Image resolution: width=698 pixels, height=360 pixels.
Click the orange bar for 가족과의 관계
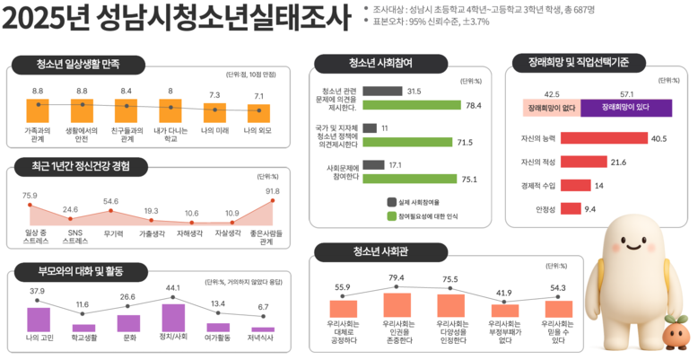pos(38,110)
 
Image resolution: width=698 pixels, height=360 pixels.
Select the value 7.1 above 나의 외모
pos(258,96)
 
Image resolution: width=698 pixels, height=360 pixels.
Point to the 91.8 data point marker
pos(273,201)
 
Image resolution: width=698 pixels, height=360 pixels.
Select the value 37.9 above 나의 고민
pos(37,291)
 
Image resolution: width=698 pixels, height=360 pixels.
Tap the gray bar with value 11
pos(370,128)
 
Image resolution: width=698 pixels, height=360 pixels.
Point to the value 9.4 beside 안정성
pos(589,209)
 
